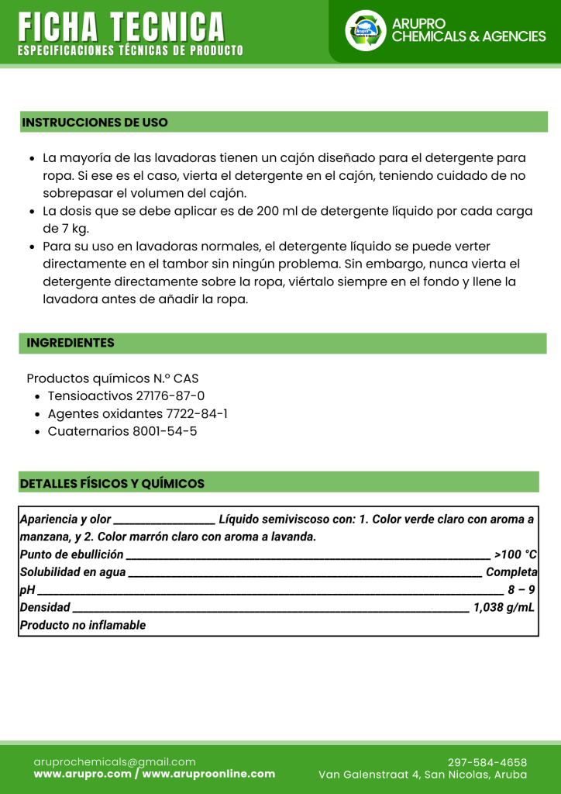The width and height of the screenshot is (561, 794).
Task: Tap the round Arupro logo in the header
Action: pyautogui.click(x=365, y=30)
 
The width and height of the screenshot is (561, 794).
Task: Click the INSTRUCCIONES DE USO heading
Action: pyautogui.click(x=95, y=123)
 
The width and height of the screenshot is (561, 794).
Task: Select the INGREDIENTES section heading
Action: pyautogui.click(x=71, y=343)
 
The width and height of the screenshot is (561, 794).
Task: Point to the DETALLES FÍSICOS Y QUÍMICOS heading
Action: pyautogui.click(x=112, y=484)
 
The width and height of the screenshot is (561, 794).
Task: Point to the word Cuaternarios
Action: pyautogui.click(x=84, y=431)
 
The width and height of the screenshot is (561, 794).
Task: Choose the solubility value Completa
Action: pyautogui.click(x=511, y=572)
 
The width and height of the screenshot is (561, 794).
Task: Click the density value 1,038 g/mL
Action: pyautogui.click(x=504, y=607)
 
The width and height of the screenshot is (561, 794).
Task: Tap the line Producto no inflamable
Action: pyautogui.click(x=83, y=625)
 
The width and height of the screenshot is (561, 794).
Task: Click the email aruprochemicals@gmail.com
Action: pyautogui.click(x=115, y=762)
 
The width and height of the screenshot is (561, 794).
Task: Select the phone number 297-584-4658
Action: pyautogui.click(x=487, y=762)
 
